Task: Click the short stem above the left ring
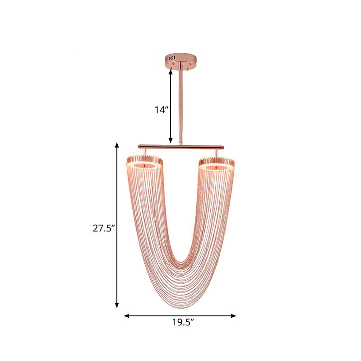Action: (x=144, y=152)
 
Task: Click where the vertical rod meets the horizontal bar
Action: (x=180, y=145)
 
